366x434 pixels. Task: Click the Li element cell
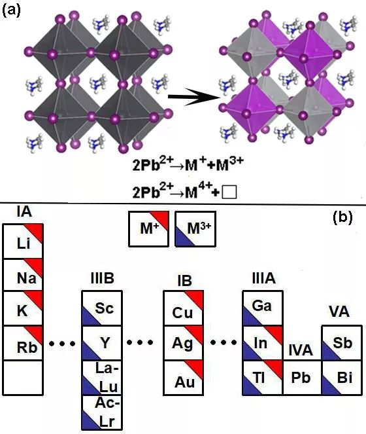(x=23, y=241)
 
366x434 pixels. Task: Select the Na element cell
(x=23, y=275)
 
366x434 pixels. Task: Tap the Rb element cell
(x=23, y=343)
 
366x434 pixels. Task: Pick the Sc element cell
(x=102, y=308)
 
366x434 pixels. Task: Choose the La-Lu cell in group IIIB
(x=102, y=378)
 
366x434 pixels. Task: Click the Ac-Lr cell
(x=102, y=412)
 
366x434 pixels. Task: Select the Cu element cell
(x=184, y=308)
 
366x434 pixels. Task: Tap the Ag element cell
(x=184, y=343)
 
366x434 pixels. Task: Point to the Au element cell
(x=184, y=378)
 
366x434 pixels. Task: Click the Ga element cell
(x=263, y=308)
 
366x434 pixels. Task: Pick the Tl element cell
(x=263, y=378)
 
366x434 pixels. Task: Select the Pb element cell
(x=302, y=378)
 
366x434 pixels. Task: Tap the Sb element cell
(x=342, y=343)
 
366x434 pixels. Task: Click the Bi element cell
(x=342, y=378)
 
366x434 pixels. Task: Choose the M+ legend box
(x=149, y=229)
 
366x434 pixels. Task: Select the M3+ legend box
(x=195, y=229)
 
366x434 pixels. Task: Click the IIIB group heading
(x=102, y=278)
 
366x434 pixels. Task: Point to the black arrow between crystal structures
(x=194, y=97)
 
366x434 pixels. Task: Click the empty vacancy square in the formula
(x=229, y=192)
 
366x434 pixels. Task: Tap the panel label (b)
(x=342, y=217)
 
